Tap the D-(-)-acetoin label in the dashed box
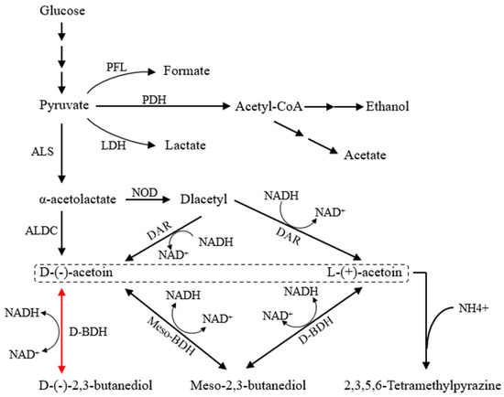(63, 271)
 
